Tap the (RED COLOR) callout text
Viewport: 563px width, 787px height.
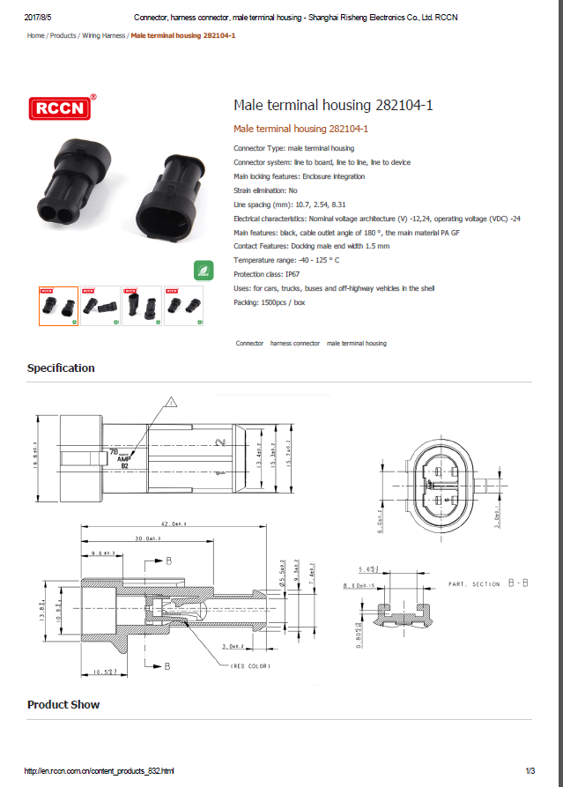coord(252,665)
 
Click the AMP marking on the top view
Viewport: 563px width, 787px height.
coord(124,458)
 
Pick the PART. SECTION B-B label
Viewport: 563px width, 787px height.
coord(487,584)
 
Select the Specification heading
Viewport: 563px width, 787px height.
coord(61,368)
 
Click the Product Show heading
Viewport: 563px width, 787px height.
coord(63,705)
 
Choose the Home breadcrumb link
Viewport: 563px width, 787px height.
coord(35,35)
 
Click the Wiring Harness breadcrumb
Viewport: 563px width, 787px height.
coord(103,35)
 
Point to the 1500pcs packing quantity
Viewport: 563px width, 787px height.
coord(273,302)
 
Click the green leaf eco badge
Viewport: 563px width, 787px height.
coord(202,271)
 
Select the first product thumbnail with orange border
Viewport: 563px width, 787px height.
coord(58,306)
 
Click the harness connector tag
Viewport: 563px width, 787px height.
coord(295,343)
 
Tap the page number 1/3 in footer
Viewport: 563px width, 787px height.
coord(530,771)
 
